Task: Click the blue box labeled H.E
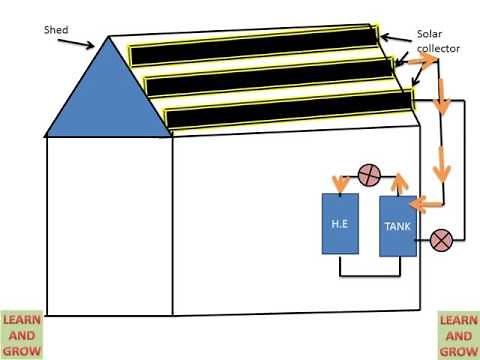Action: [x=338, y=224]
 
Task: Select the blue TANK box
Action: [x=397, y=226]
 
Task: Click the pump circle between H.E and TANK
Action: [x=368, y=177]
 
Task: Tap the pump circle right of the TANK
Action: [x=440, y=239]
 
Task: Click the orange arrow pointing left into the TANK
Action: [x=429, y=204]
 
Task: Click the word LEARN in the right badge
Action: [x=459, y=321]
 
